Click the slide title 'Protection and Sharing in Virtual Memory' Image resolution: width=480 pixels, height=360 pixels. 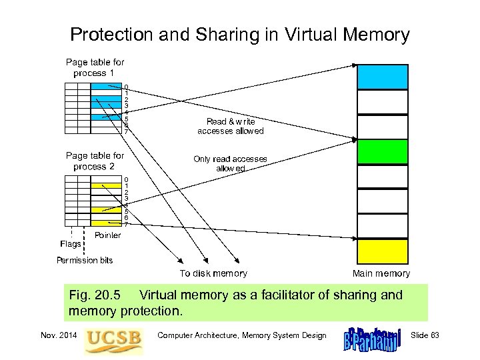pos(240,34)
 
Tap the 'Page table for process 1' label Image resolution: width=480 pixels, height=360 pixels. pos(95,67)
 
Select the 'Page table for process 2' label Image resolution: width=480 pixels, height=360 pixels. pos(95,161)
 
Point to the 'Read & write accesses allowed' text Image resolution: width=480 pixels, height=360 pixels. pos(231,126)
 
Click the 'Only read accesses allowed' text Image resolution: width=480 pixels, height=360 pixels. pos(230,163)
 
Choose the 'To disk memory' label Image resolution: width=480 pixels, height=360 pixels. pos(213,273)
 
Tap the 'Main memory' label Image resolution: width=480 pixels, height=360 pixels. pos(381,273)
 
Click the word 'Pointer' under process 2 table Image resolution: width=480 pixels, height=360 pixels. pos(108,235)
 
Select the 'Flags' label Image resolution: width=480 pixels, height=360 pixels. pos(70,244)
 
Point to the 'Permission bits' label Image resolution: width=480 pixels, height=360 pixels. pos(85,260)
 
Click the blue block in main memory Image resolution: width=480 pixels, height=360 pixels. pos(382,77)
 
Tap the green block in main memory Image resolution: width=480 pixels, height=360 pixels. pos(382,152)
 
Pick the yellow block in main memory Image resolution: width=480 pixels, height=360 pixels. pos(382,251)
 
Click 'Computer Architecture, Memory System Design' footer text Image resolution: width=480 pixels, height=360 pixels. pos(242,335)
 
